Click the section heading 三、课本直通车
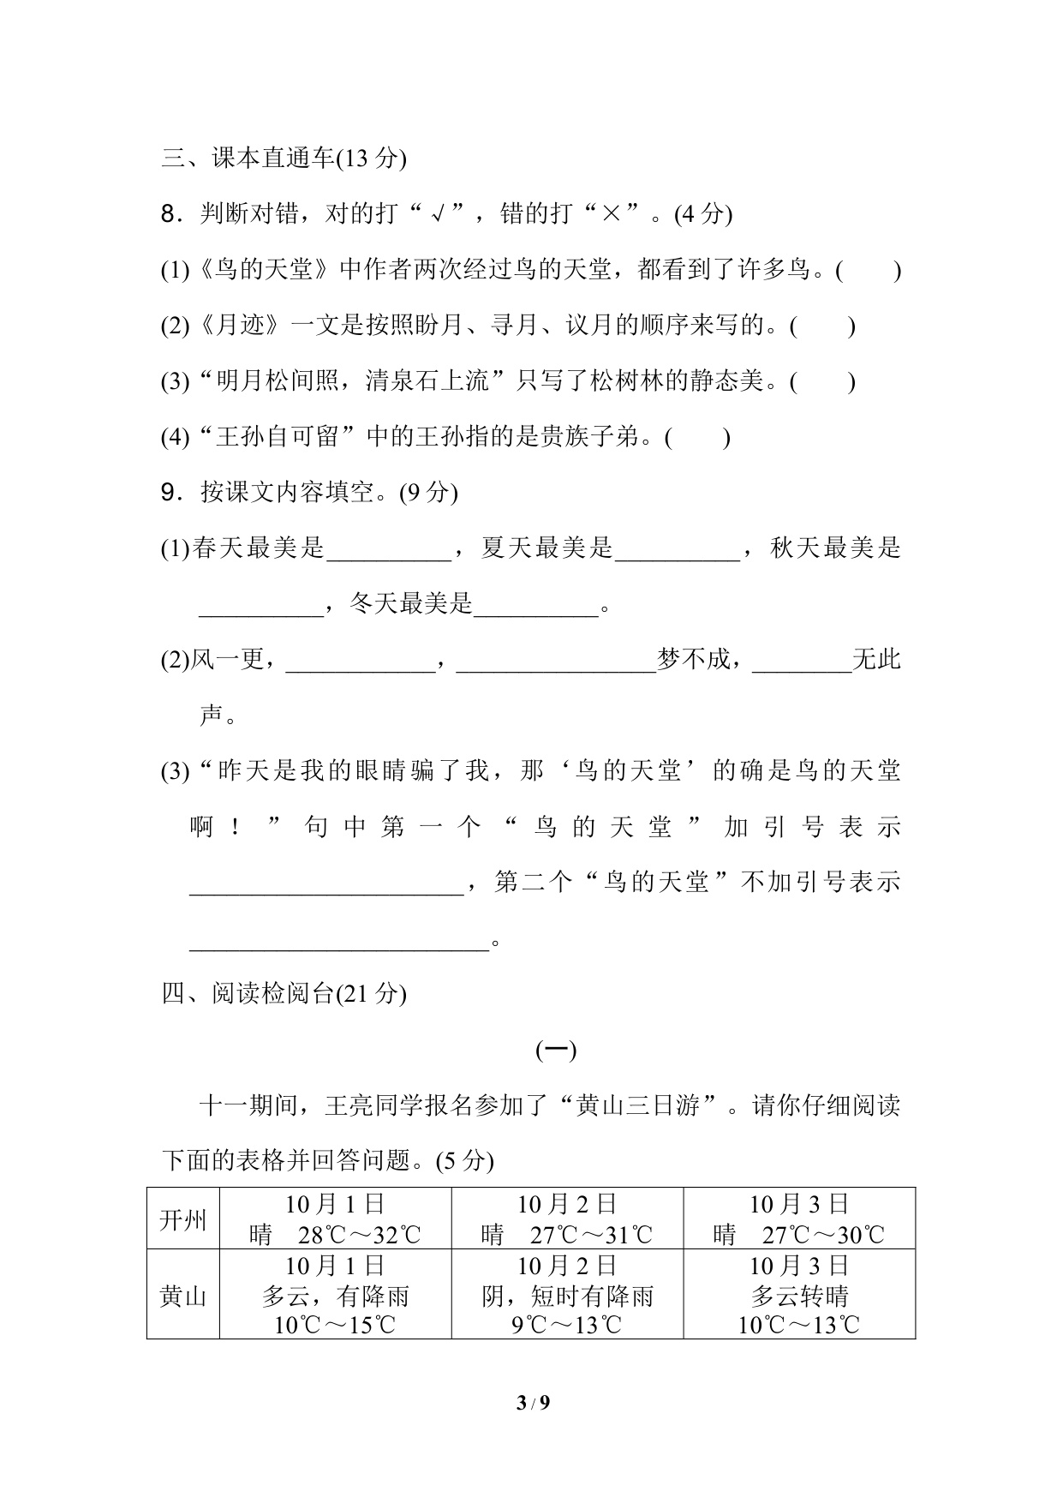283,159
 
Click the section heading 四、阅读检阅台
283,993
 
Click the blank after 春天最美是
389,549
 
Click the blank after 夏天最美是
678,549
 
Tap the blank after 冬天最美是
535,605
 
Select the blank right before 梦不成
557,661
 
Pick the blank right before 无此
802,661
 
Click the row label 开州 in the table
183,1219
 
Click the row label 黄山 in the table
183,1296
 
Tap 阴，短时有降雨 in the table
567,1296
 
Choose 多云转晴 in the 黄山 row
799,1296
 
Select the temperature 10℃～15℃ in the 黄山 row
335,1325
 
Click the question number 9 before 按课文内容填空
168,493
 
